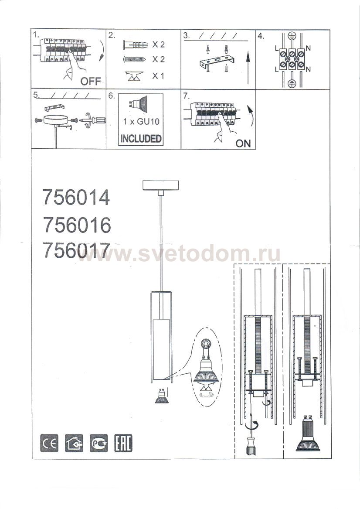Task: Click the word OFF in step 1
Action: tap(91, 81)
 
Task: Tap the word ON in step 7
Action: tap(243, 143)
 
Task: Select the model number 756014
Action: tap(76, 198)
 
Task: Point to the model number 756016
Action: tap(77, 225)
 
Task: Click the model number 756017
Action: tap(77, 250)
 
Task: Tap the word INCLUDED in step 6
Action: tap(141, 139)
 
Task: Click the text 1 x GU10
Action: tap(141, 122)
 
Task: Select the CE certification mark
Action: tap(49, 443)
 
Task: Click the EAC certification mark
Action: tap(123, 443)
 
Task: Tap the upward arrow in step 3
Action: tap(248, 68)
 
